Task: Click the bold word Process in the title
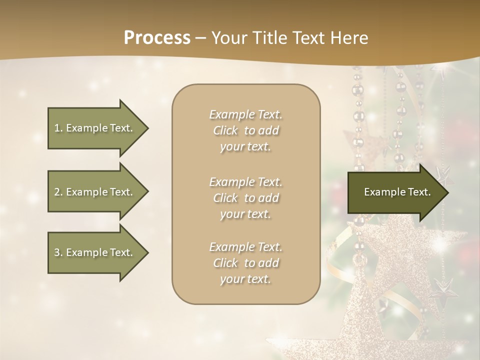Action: click(x=157, y=38)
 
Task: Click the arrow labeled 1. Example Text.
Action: click(x=95, y=128)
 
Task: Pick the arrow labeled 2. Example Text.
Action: click(x=95, y=192)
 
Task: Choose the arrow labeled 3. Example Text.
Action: click(x=95, y=252)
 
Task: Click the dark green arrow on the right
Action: click(x=395, y=192)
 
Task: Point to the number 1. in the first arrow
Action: click(x=58, y=128)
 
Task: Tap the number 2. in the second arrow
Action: click(x=58, y=192)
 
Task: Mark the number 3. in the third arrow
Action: click(x=58, y=252)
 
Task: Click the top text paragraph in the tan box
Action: click(x=245, y=130)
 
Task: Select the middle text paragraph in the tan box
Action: click(x=245, y=198)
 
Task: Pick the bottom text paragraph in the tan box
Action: click(x=245, y=263)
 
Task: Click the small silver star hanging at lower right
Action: click(x=443, y=288)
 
